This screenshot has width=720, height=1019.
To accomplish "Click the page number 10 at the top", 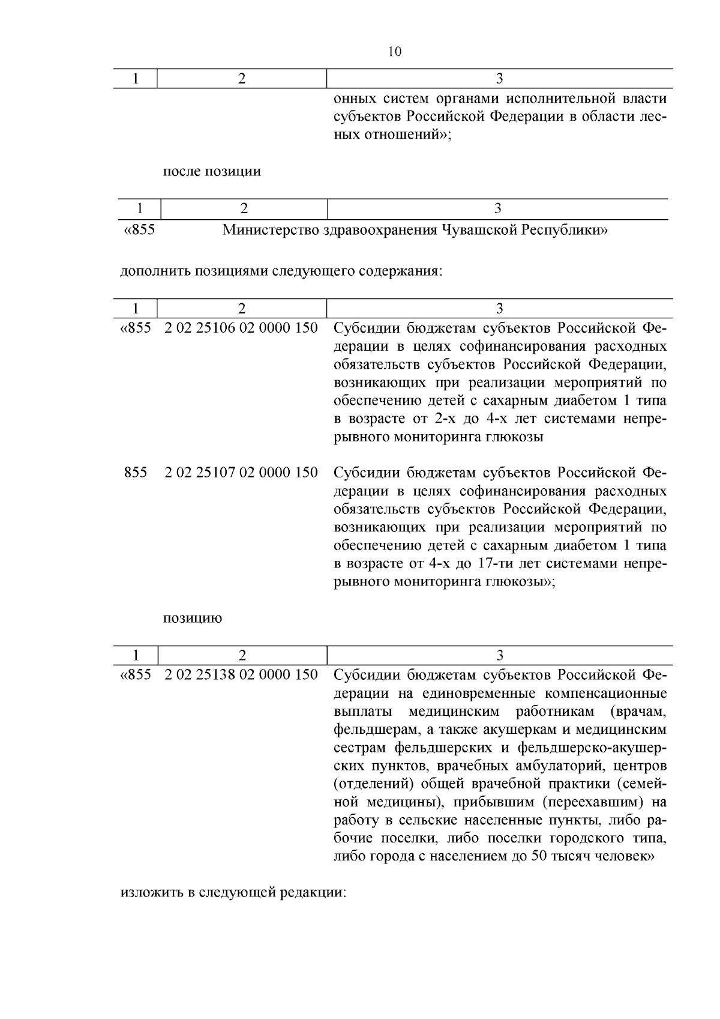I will (x=394, y=52).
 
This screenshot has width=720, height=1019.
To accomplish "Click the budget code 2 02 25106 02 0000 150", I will (x=241, y=328).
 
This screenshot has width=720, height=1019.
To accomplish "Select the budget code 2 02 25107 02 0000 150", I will (x=241, y=473).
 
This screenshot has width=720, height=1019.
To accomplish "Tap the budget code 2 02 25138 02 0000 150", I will (x=241, y=675).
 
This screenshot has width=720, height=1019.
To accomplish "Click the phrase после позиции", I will (x=212, y=171).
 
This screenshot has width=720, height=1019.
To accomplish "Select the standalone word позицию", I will (x=193, y=618).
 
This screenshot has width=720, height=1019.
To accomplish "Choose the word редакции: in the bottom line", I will (x=318, y=892).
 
